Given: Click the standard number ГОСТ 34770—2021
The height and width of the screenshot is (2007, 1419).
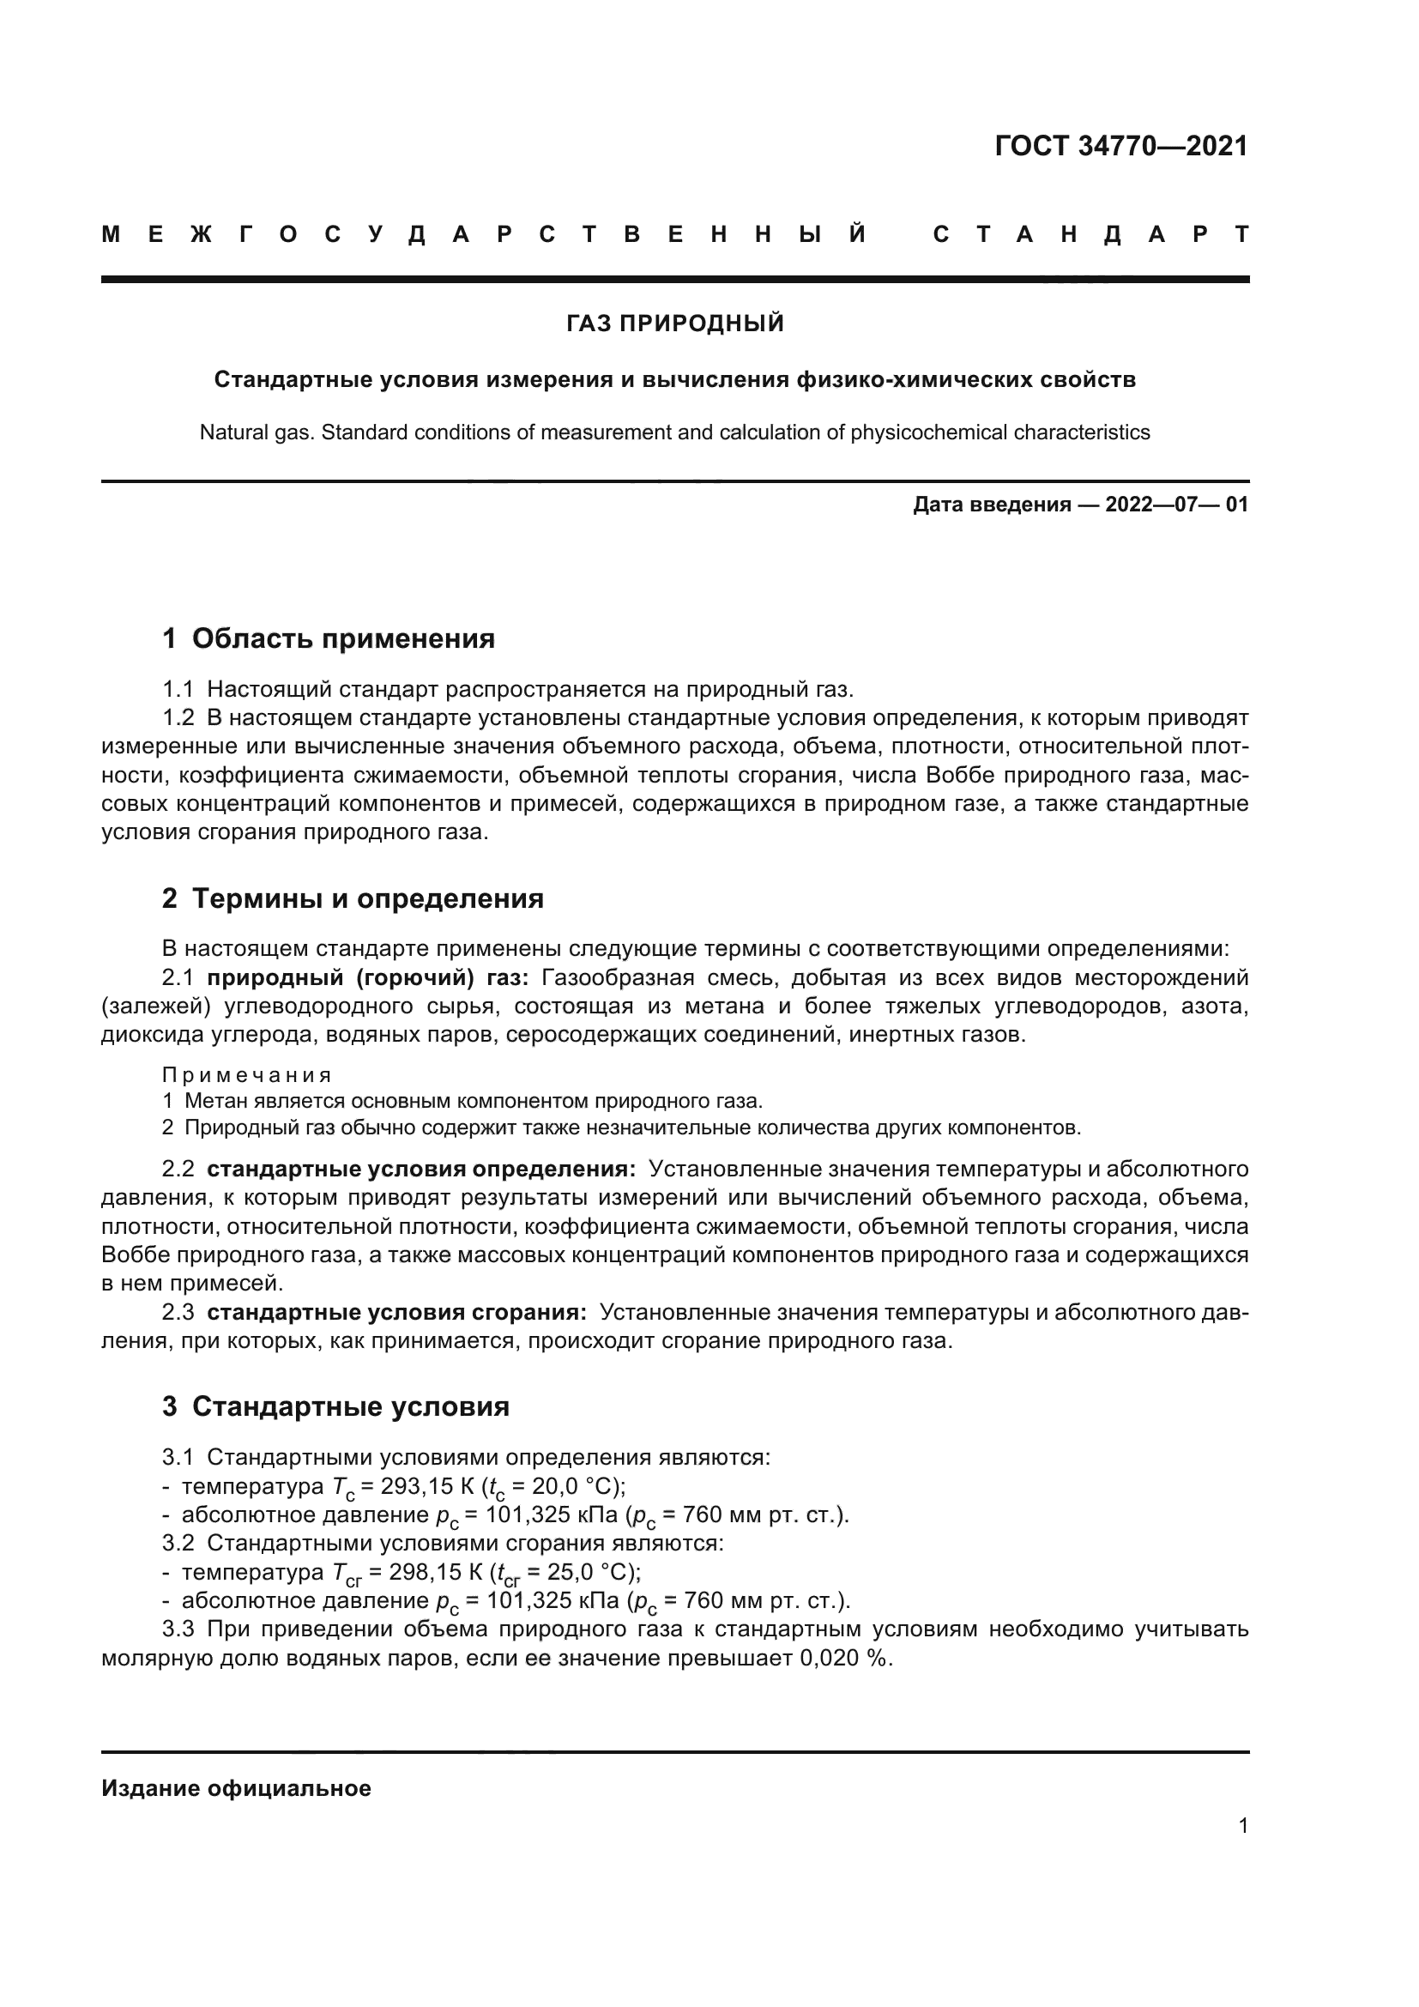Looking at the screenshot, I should click(1121, 146).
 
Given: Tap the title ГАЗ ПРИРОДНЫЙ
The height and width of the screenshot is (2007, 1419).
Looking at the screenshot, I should click(674, 323).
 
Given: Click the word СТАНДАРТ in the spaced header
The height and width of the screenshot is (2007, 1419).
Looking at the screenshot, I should click(1090, 234).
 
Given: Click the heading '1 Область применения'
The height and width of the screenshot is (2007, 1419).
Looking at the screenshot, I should click(329, 638).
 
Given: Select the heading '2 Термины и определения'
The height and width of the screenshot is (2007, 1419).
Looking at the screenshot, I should click(352, 898).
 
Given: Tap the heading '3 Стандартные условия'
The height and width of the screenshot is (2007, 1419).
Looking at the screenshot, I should click(335, 1406).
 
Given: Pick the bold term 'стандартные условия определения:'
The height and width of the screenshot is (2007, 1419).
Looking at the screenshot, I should click(421, 1170).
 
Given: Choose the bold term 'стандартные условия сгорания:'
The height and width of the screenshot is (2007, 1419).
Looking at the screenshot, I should click(396, 1312).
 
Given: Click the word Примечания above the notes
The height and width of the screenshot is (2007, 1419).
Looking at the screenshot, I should click(246, 1074).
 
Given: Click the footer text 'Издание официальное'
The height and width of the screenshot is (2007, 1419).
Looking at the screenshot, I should click(236, 1788).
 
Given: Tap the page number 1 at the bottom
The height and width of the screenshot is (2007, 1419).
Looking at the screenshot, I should click(1242, 1826).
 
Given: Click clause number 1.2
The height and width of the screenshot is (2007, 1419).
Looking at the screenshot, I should click(178, 717).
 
